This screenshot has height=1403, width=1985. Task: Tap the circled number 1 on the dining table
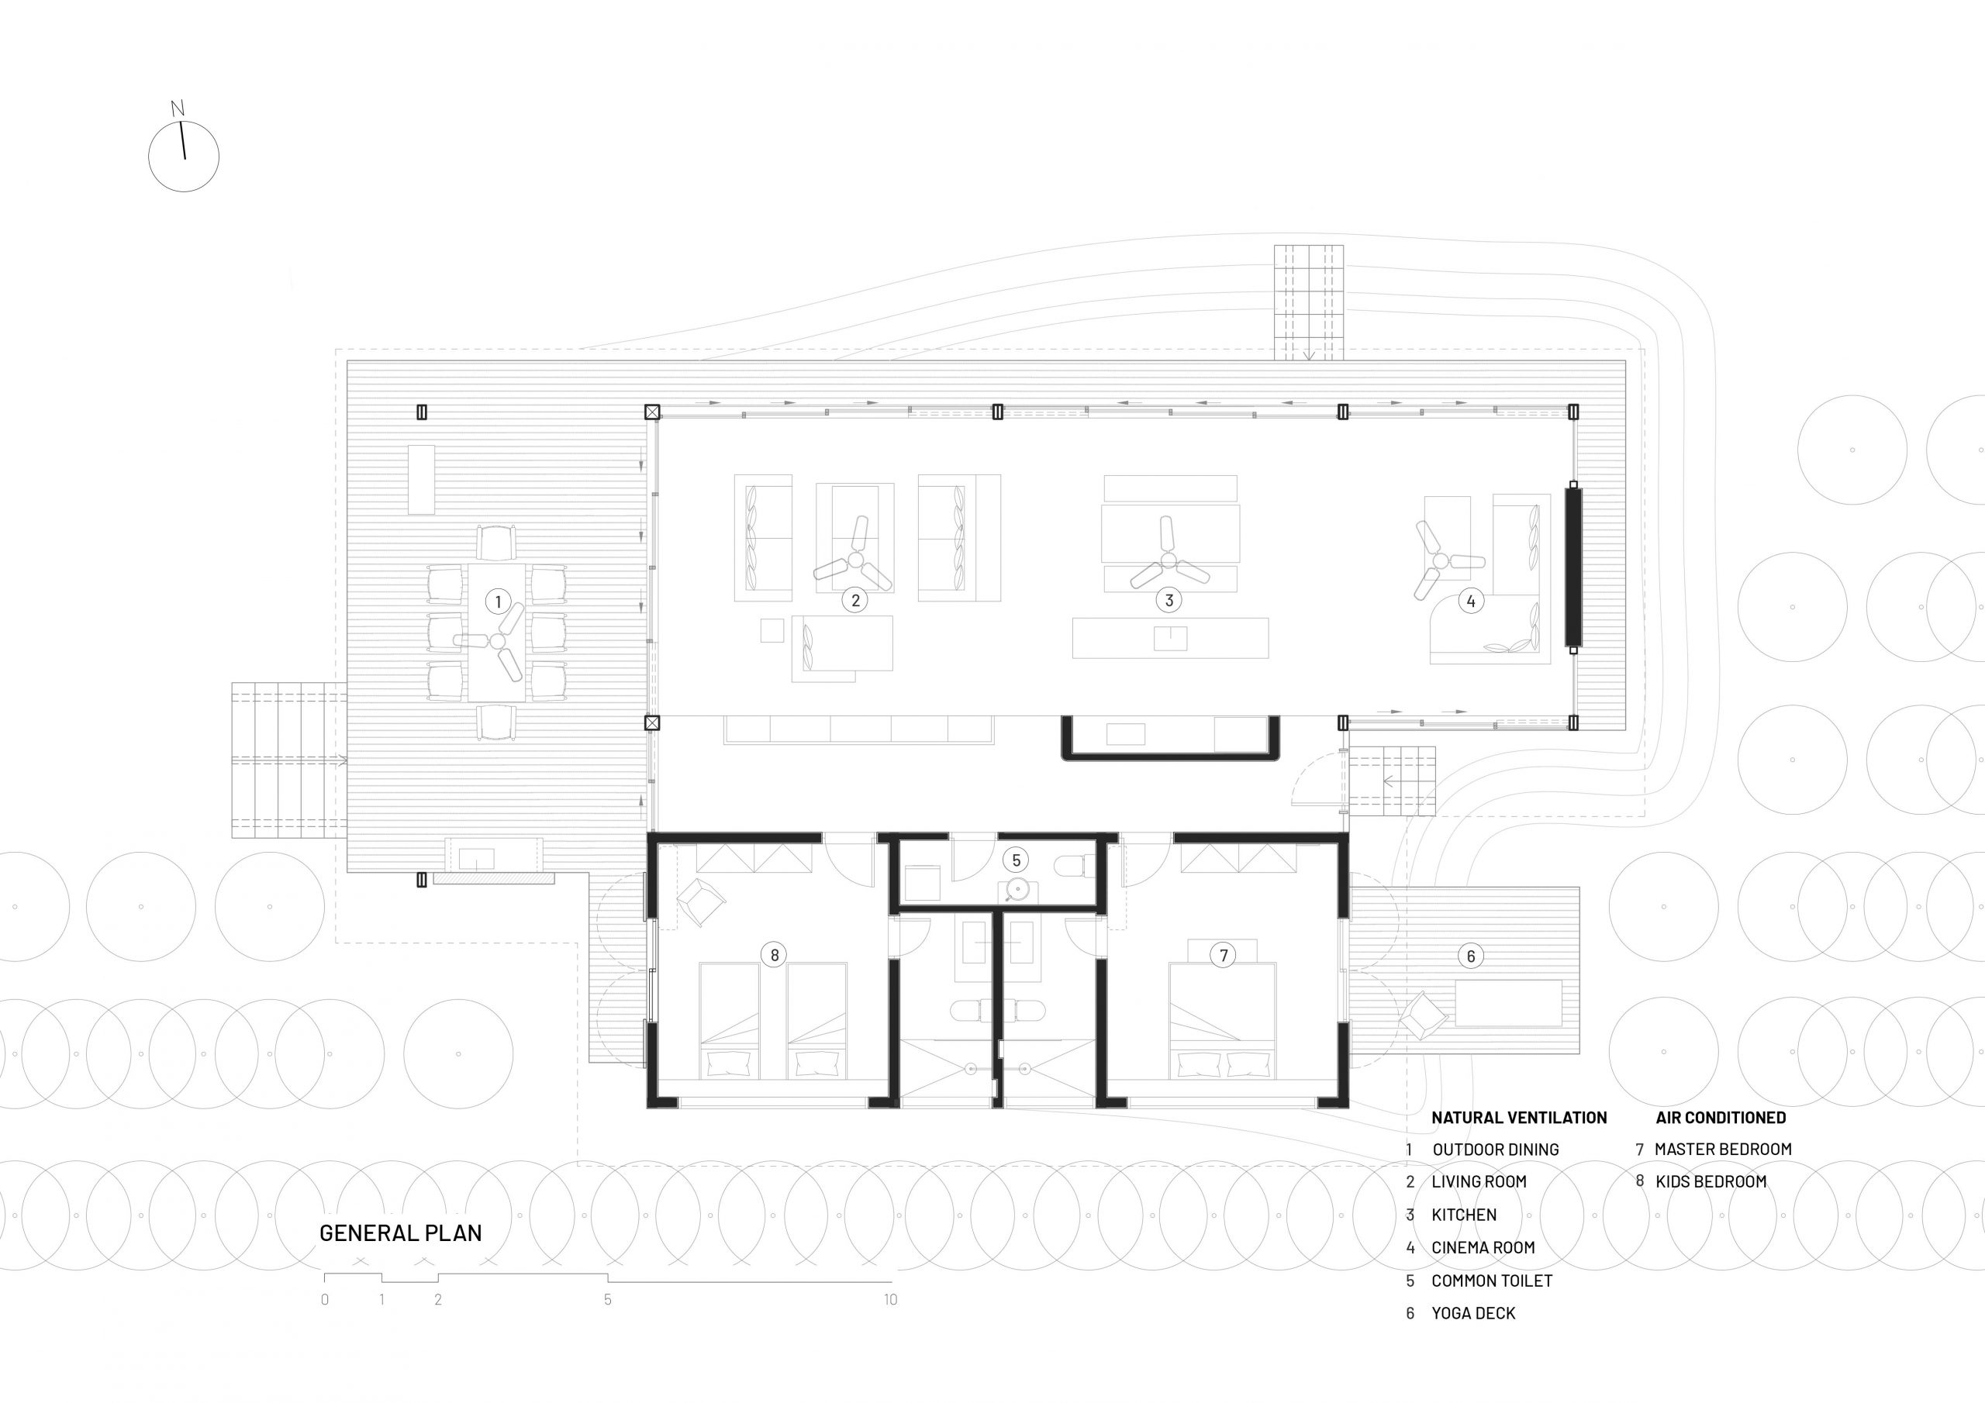pyautogui.click(x=498, y=601)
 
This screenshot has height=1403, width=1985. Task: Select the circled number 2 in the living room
pyautogui.click(x=855, y=600)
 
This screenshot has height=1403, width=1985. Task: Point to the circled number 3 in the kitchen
pyautogui.click(x=1169, y=600)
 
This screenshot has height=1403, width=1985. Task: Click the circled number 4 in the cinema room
pyautogui.click(x=1471, y=600)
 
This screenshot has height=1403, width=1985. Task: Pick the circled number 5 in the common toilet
pyautogui.click(x=1017, y=860)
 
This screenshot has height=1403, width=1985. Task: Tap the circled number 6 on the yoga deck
pyautogui.click(x=1471, y=955)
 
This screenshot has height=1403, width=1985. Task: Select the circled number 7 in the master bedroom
pyautogui.click(x=1224, y=954)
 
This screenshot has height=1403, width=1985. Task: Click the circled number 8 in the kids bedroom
pyautogui.click(x=775, y=954)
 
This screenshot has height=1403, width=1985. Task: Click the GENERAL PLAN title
pyautogui.click(x=401, y=1232)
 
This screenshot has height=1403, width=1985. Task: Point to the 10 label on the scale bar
pyautogui.click(x=890, y=1299)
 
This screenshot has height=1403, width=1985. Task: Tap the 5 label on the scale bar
pyautogui.click(x=608, y=1299)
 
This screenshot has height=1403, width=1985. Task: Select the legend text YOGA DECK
pyautogui.click(x=1474, y=1313)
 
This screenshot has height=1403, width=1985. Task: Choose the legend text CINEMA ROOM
pyautogui.click(x=1483, y=1247)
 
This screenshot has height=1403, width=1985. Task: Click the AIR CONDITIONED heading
pyautogui.click(x=1721, y=1118)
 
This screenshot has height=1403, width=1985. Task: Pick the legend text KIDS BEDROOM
pyautogui.click(x=1711, y=1182)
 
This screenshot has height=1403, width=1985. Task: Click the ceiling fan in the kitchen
pyautogui.click(x=1168, y=562)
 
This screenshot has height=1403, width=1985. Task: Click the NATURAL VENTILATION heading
pyautogui.click(x=1519, y=1118)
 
